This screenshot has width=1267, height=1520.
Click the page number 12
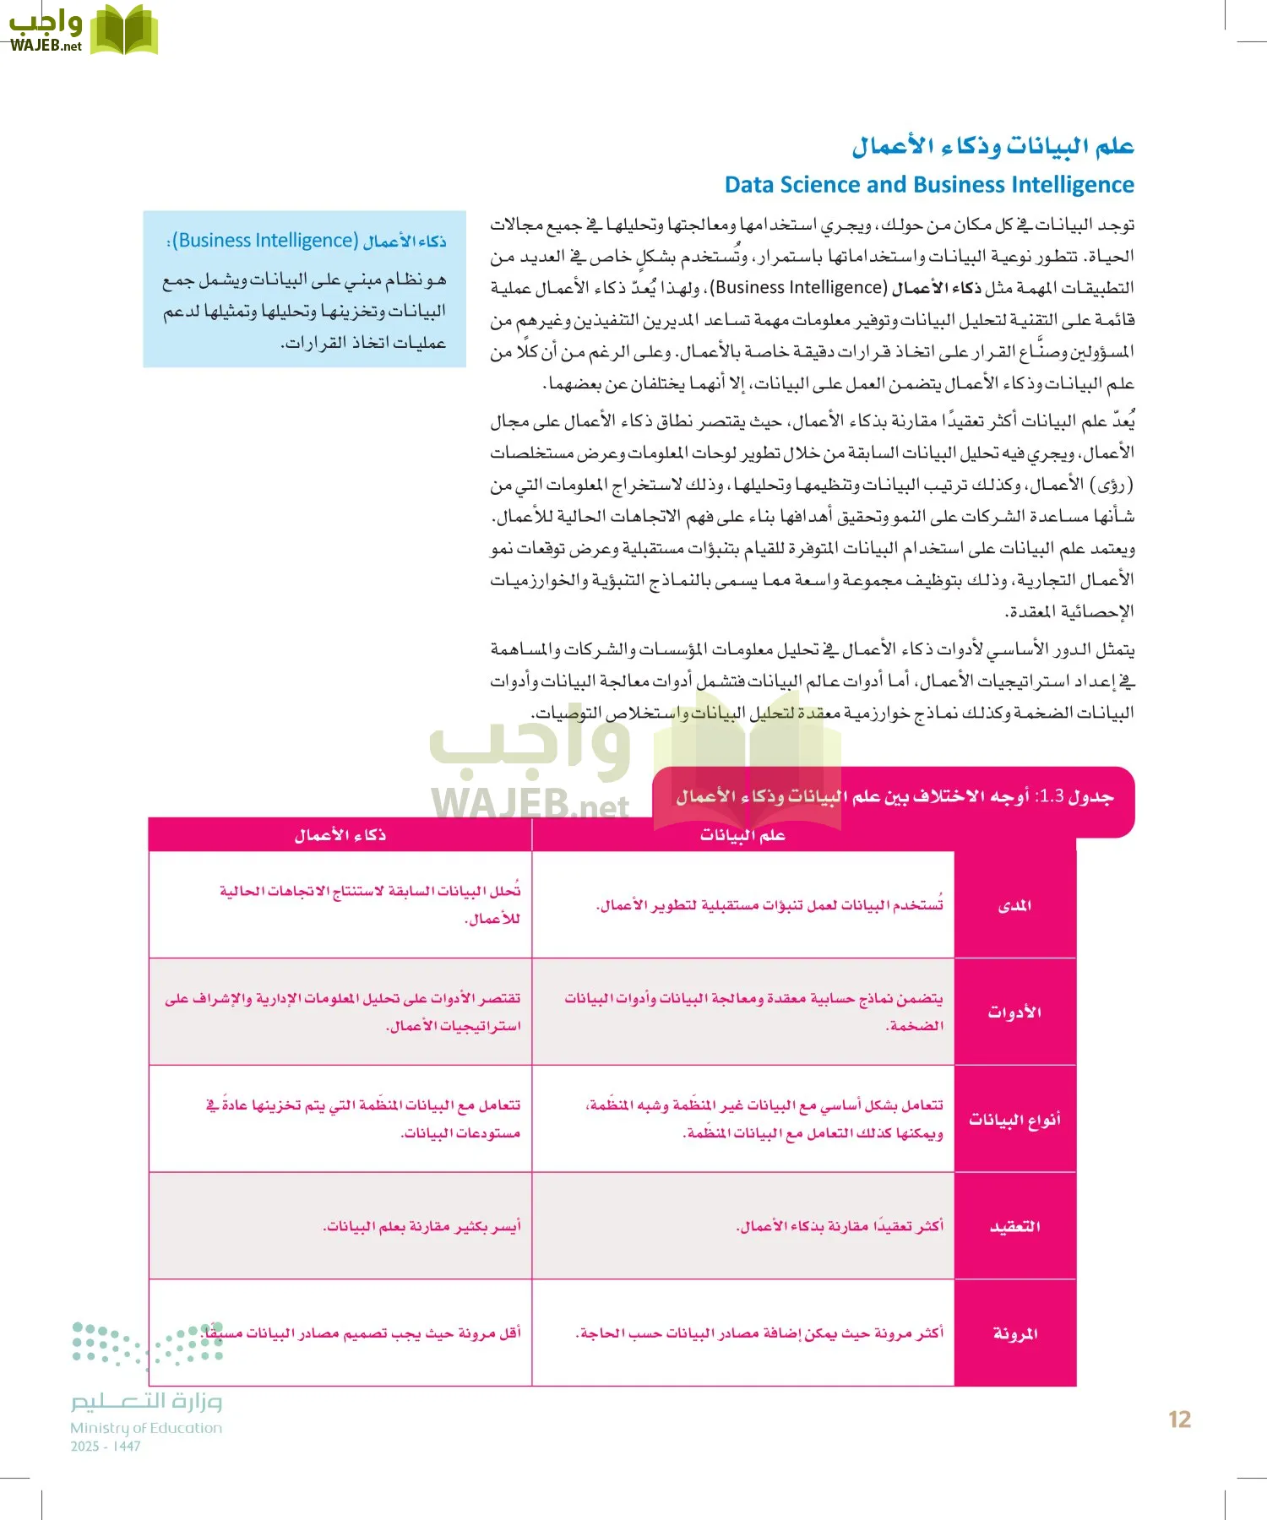(1179, 1420)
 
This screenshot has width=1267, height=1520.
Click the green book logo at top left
(124, 30)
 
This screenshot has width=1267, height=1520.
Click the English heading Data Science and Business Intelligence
(929, 185)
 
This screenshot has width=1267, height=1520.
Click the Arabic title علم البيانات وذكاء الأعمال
(992, 146)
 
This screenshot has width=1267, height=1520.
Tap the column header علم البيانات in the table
(742, 835)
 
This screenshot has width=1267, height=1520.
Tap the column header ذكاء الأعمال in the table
(340, 835)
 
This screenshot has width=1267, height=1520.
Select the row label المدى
(1014, 905)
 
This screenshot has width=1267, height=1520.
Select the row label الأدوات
(1014, 1012)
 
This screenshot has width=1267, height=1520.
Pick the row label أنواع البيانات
(1014, 1119)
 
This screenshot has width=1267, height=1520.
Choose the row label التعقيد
(1014, 1226)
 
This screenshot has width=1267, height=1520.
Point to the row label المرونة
(1014, 1333)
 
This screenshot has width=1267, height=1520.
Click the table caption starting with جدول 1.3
(894, 796)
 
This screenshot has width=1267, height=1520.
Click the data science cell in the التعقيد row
(839, 1226)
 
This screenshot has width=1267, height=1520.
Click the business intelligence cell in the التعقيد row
(421, 1226)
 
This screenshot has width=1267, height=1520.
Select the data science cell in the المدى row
(769, 905)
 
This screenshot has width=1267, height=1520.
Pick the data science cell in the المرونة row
(759, 1333)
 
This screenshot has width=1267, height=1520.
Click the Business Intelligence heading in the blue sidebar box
(307, 241)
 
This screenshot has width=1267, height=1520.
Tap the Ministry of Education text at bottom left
(146, 1428)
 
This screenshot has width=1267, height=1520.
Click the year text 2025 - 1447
(106, 1447)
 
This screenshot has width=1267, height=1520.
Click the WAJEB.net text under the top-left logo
(46, 46)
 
